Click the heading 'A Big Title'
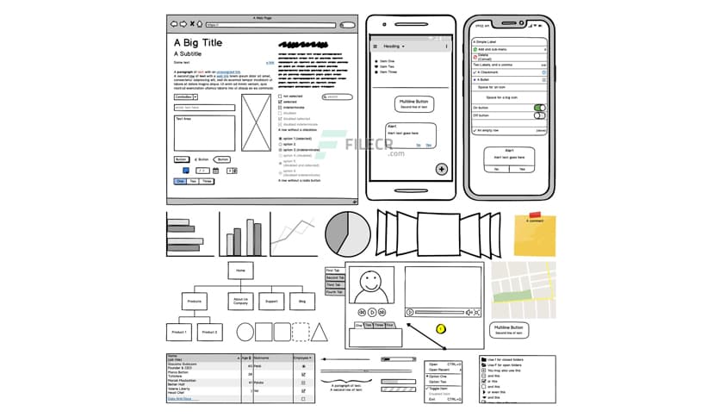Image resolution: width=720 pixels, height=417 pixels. click(x=197, y=42)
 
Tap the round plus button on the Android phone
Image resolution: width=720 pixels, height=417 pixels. click(x=442, y=169)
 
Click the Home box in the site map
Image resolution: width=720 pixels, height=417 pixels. click(x=240, y=271)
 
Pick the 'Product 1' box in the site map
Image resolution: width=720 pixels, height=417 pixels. click(x=178, y=332)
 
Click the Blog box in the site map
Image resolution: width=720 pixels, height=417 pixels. click(x=301, y=302)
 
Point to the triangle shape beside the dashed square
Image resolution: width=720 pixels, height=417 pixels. click(x=320, y=332)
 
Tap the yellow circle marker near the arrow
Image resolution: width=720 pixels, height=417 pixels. click(x=441, y=328)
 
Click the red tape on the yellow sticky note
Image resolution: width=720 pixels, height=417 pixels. click(x=535, y=215)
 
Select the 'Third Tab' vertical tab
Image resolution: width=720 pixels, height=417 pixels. click(x=333, y=285)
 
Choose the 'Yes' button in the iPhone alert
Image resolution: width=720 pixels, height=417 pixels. click(x=522, y=169)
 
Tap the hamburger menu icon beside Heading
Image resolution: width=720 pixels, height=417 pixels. click(x=375, y=46)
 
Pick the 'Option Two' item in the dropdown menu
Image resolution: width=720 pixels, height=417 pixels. click(x=440, y=382)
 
